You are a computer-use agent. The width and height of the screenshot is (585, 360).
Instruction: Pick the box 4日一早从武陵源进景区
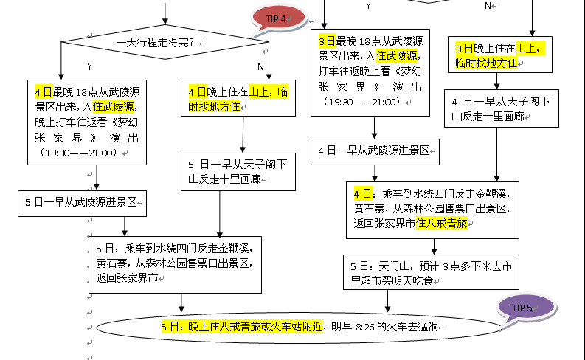pos(375,151)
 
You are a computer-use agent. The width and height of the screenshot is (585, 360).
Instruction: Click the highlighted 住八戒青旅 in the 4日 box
pos(442,223)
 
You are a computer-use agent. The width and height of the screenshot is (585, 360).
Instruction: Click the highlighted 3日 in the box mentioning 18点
pos(326,41)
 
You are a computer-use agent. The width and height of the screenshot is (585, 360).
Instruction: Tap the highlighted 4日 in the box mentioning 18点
pos(43,92)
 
